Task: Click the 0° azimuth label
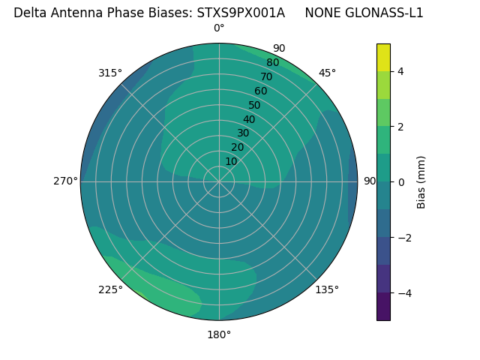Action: (219, 28)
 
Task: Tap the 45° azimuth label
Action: (327, 73)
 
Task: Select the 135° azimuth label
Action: (327, 289)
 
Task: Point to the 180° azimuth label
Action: (219, 334)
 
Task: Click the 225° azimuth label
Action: (110, 289)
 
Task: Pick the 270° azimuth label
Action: (65, 181)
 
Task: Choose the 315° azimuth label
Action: (110, 73)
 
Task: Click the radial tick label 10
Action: (231, 162)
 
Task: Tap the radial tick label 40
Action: (249, 120)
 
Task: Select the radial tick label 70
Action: (266, 77)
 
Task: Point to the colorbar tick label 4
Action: (401, 71)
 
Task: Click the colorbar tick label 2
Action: (401, 127)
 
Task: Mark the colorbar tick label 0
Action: (401, 182)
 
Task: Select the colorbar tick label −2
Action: (403, 238)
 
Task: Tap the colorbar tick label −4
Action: (403, 293)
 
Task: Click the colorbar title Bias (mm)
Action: (421, 182)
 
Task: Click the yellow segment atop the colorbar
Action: (383, 57)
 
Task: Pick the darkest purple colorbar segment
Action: (383, 307)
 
